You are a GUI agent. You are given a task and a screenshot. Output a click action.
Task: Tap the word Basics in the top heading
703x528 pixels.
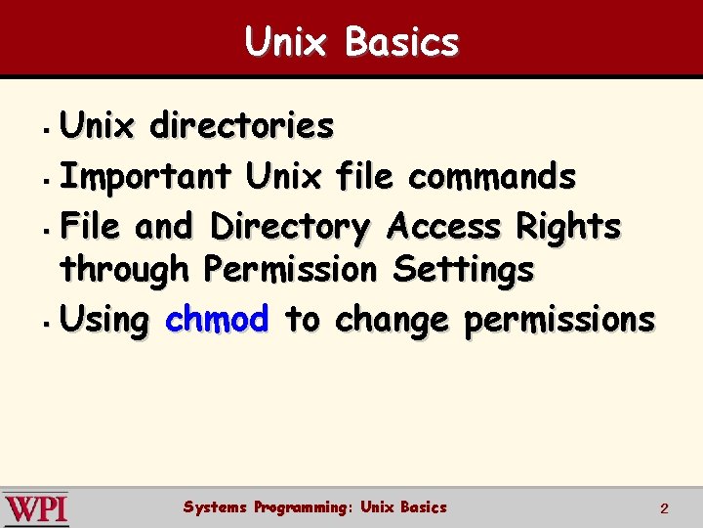click(401, 42)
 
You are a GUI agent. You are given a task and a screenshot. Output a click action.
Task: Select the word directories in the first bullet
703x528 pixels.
click(241, 126)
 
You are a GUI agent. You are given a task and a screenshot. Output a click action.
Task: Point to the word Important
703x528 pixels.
click(145, 177)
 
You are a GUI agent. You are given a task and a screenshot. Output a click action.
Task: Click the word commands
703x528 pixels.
click(492, 177)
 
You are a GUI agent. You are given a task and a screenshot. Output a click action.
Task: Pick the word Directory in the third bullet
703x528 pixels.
click(290, 227)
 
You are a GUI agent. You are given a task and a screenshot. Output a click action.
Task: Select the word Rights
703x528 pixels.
click(568, 227)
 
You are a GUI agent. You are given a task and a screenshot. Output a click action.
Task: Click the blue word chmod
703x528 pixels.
click(217, 319)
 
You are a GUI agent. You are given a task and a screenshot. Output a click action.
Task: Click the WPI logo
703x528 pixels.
click(36, 509)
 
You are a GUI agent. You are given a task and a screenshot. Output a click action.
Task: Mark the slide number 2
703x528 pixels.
click(664, 508)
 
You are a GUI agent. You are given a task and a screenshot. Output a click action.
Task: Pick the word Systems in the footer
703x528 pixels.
click(215, 506)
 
